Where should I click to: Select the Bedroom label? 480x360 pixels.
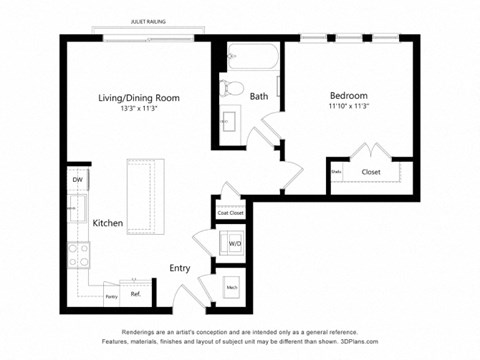pyautogui.click(x=350, y=97)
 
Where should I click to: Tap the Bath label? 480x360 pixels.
pyautogui.click(x=259, y=97)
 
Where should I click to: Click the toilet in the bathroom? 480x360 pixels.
pyautogui.click(x=231, y=87)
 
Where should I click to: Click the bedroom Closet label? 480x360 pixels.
pyautogui.click(x=371, y=172)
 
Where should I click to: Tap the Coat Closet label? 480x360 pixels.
pyautogui.click(x=231, y=213)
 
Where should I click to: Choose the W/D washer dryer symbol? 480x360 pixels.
pyautogui.click(x=233, y=244)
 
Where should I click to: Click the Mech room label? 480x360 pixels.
pyautogui.click(x=232, y=287)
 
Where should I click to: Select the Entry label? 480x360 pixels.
pyautogui.click(x=180, y=267)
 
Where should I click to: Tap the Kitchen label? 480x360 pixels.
pyautogui.click(x=108, y=224)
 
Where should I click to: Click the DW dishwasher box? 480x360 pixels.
pyautogui.click(x=76, y=181)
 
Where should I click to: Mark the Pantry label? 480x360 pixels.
pyautogui.click(x=111, y=297)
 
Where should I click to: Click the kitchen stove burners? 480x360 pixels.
pyautogui.click(x=76, y=254)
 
